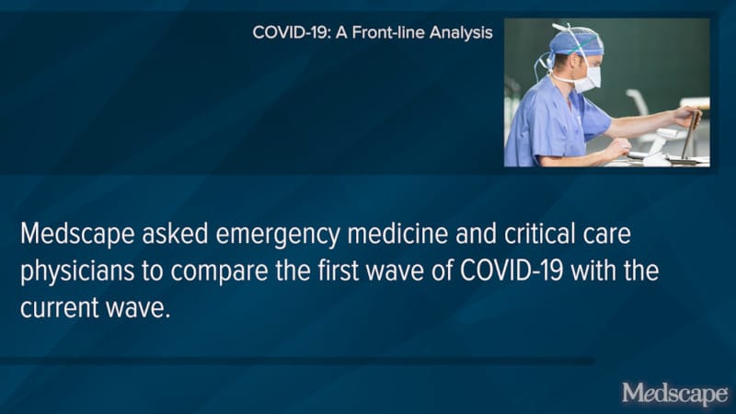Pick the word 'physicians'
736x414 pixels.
tap(75, 273)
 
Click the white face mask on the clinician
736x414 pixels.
tap(585, 76)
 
